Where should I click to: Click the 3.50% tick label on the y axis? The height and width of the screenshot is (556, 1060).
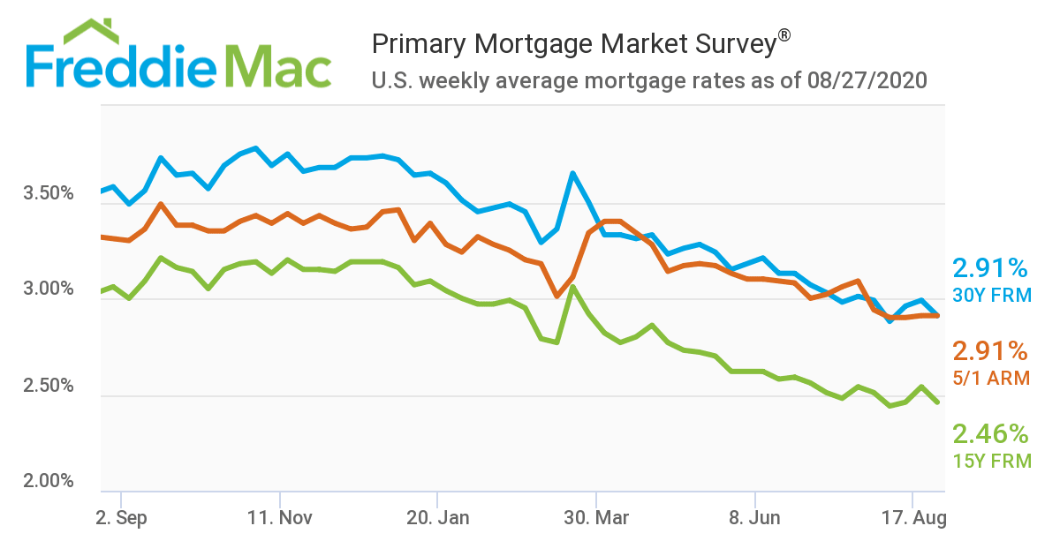48,193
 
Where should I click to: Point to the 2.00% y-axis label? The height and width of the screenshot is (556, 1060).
48,482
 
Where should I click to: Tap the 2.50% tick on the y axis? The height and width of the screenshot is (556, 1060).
48,386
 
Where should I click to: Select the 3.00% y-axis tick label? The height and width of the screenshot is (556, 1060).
48,289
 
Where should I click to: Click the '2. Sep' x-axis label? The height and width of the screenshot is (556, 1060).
121,518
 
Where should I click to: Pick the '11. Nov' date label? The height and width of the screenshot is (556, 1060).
279,518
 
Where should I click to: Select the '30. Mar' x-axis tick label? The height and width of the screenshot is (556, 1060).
596,518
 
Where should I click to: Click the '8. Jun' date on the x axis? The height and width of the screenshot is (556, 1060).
755,518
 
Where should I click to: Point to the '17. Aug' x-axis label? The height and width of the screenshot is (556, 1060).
913,518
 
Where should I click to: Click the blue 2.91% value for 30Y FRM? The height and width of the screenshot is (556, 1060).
990,268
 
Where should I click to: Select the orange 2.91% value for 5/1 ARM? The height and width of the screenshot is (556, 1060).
990,351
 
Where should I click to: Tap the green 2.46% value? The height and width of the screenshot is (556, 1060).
990,434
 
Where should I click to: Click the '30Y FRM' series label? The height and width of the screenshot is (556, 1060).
991,296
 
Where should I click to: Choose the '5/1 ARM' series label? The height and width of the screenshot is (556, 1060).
990,378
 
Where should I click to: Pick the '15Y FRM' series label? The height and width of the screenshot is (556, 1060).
991,461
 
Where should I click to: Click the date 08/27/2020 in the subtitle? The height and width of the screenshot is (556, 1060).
867,81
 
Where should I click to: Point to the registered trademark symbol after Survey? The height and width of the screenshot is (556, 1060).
784,36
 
